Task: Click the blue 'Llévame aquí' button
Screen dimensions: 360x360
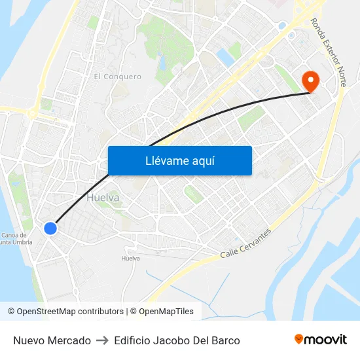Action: coord(179,160)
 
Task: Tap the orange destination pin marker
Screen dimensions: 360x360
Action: coord(309,81)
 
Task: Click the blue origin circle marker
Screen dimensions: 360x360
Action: coord(50,228)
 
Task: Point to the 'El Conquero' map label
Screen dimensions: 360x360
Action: coord(118,77)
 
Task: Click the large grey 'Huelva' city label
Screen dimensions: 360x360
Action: coord(103,197)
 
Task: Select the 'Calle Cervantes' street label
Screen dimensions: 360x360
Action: coord(245,243)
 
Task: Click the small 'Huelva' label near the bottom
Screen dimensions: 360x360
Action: coord(131,259)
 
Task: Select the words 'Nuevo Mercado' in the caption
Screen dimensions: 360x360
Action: coord(52,340)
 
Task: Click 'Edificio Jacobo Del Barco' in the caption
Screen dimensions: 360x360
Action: coord(177,340)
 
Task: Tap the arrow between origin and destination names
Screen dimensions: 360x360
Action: coord(102,340)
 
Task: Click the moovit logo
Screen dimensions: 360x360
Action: coord(321,339)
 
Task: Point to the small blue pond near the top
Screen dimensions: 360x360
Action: coord(226,58)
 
